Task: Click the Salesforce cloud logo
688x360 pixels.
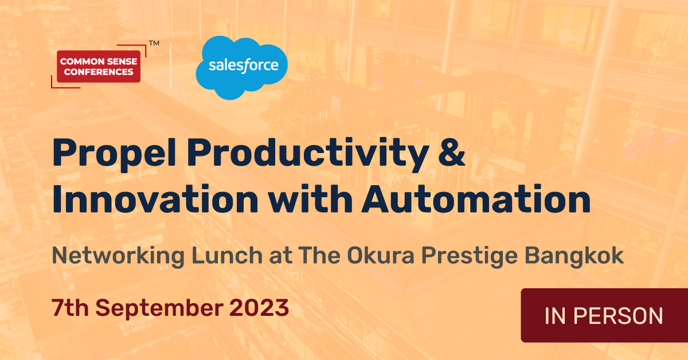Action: coord(241,66)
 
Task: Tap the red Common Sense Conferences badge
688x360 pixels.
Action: coord(99,66)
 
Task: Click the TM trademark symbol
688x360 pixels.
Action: coord(154,43)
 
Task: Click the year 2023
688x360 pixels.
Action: coord(259,308)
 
